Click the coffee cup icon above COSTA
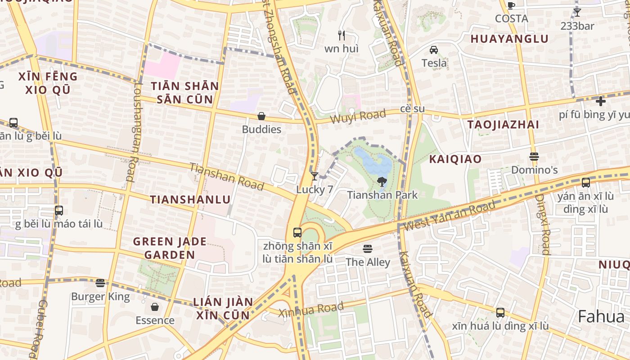[511, 5]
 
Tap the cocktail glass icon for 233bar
[577, 13]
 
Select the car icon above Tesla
[434, 49]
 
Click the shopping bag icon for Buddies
[261, 116]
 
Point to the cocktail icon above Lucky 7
[315, 176]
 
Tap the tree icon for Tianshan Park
[382, 182]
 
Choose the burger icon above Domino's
[534, 157]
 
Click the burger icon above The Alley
[368, 249]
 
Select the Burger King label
[100, 297]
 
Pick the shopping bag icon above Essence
[155, 307]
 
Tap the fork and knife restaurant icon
[342, 35]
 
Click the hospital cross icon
[601, 101]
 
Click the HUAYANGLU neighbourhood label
[509, 39]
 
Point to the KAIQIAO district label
[455, 159]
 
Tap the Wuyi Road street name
[358, 117]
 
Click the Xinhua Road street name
[310, 310]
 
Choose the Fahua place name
[601, 316]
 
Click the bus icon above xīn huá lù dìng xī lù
[500, 313]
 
